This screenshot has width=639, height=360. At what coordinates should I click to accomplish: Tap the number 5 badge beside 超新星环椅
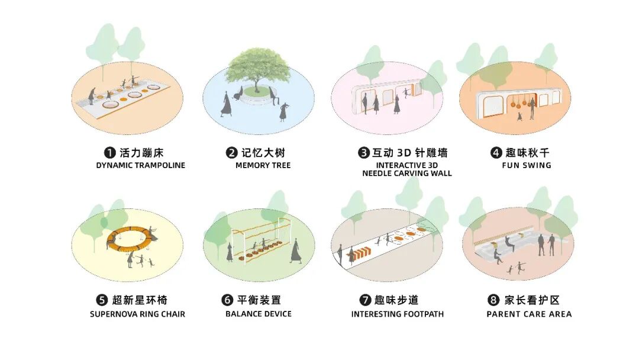[101, 300]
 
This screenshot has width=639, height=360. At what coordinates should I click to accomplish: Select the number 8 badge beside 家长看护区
[492, 300]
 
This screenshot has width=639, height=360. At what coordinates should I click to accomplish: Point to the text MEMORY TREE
[263, 166]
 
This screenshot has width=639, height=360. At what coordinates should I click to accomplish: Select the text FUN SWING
[526, 166]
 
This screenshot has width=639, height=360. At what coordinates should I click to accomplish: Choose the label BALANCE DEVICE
[258, 314]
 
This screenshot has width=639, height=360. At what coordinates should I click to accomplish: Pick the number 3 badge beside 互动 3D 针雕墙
[364, 153]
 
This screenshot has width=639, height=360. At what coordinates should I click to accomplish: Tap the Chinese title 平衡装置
[264, 300]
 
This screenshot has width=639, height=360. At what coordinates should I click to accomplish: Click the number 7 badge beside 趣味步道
[365, 300]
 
